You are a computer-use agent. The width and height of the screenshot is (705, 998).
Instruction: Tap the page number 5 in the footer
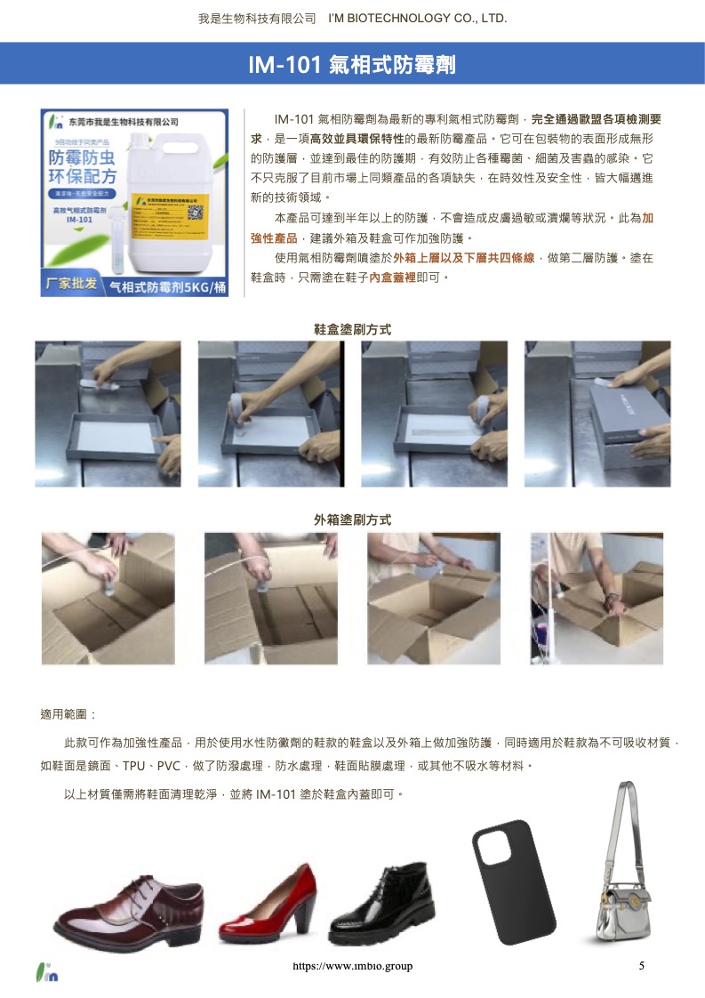pyautogui.click(x=641, y=966)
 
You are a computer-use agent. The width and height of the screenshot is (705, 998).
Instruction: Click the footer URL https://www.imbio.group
pyautogui.click(x=353, y=966)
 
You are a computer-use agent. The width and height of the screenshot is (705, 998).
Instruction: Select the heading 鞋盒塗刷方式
pyautogui.click(x=353, y=329)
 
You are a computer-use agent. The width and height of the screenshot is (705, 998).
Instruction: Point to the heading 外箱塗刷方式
pyautogui.click(x=353, y=519)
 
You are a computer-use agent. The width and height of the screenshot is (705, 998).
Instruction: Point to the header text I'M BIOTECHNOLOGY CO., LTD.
pyautogui.click(x=417, y=19)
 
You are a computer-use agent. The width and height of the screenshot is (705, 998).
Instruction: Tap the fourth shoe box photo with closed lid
pyautogui.click(x=597, y=413)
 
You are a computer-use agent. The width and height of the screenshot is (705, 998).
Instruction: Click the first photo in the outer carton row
pyautogui.click(x=108, y=598)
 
